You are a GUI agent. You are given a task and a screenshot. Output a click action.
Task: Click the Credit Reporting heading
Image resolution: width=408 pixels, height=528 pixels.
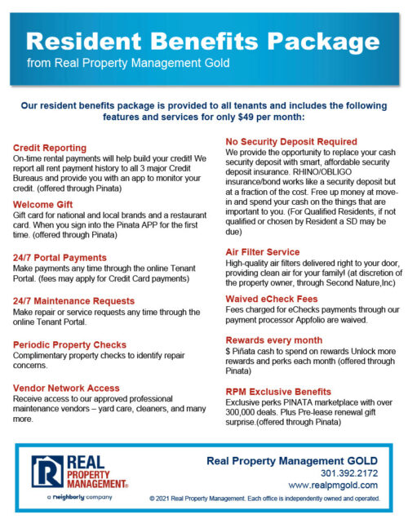point(50,148)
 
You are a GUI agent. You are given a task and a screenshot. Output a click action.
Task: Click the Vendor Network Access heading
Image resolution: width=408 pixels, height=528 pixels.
point(66,388)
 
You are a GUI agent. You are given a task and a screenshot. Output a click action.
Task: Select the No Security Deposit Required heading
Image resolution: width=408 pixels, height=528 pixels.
point(290,141)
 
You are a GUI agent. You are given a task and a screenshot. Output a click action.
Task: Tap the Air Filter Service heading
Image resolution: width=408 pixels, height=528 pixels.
point(262,252)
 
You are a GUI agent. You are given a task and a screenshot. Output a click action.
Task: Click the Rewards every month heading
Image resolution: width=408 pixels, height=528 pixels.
point(274,340)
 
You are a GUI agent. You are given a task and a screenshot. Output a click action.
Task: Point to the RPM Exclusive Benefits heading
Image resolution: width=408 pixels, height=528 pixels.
point(277,392)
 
